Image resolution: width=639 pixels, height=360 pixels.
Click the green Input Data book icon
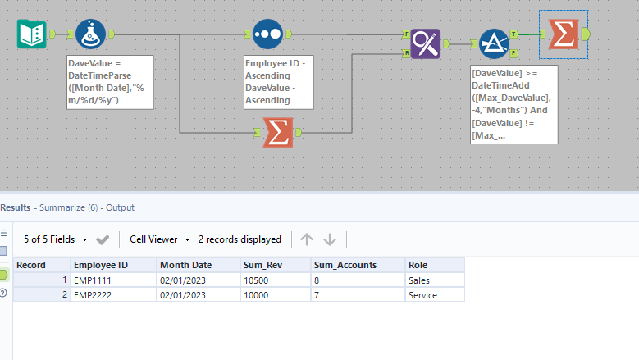[x=31, y=34]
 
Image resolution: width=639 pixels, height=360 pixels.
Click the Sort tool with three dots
[x=267, y=34]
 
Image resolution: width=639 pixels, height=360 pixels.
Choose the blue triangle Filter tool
[x=494, y=43]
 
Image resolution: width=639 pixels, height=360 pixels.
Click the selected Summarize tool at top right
[x=562, y=34]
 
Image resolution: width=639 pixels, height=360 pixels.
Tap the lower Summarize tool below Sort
[x=278, y=132]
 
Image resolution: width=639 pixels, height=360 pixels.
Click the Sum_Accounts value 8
[x=317, y=280]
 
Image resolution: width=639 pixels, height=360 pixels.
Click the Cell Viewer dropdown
[x=159, y=239]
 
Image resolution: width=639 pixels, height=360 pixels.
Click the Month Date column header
[x=185, y=265]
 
